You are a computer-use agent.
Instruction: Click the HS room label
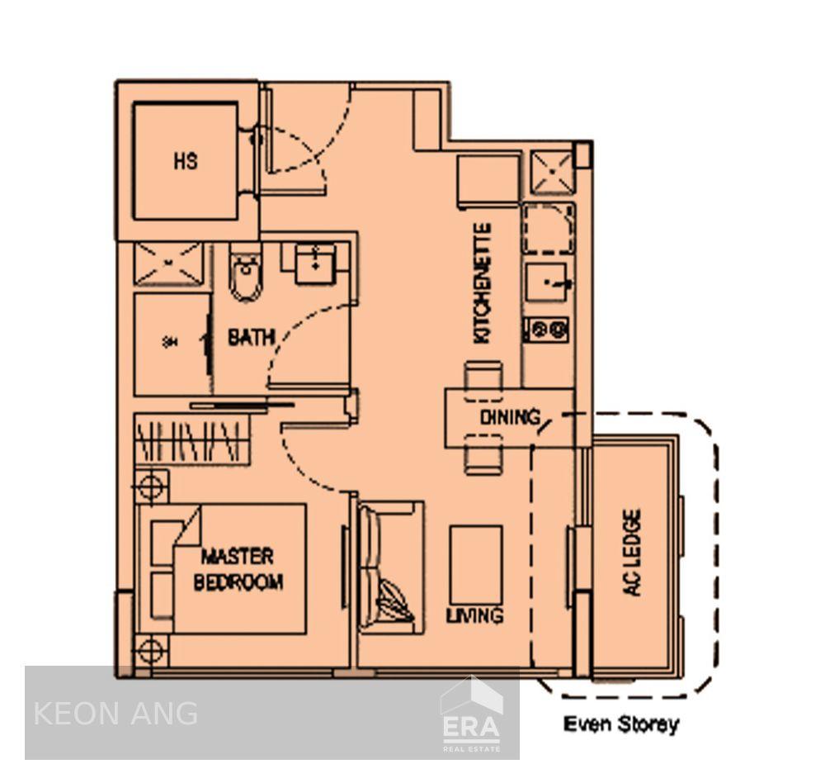186,161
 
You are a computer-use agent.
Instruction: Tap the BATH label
251,338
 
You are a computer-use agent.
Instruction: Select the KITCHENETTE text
483,283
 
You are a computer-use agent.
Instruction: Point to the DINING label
510,418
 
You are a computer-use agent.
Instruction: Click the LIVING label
474,615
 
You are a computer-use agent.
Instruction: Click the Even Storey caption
620,725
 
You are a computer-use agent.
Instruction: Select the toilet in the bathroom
245,273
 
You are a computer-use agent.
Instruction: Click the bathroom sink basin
313,263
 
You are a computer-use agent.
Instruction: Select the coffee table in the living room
476,566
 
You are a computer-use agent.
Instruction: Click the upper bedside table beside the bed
151,486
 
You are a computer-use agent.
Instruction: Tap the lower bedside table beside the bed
151,650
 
